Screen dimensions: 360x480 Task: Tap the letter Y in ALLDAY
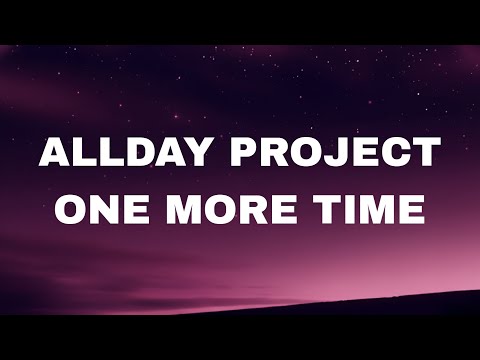197,154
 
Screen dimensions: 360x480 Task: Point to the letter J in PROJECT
335,154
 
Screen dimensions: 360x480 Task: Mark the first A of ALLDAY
55,154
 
